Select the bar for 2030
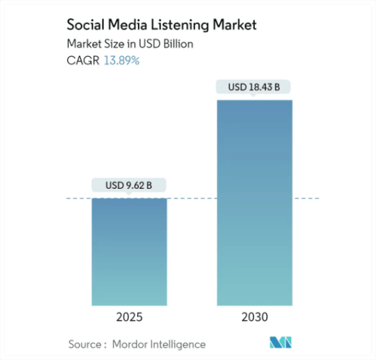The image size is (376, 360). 254,203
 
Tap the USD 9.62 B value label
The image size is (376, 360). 129,185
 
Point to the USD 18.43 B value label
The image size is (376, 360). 254,87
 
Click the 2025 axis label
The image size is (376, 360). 129,317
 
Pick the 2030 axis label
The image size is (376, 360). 255,317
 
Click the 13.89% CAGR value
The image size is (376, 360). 122,61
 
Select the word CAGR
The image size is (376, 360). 83,61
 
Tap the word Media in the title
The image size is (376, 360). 127,25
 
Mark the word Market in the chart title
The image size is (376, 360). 235,25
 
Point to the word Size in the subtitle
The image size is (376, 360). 114,44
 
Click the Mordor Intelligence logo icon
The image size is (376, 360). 281,342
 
